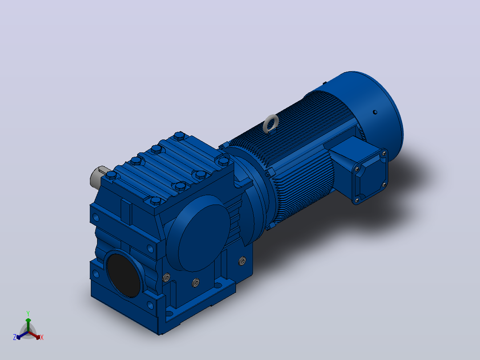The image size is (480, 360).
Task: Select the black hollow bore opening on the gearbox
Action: click(123, 275)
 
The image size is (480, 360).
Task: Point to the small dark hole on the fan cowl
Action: click(375, 112)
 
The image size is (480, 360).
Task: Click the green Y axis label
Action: click(28, 314)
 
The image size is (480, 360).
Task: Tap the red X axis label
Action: click(42, 337)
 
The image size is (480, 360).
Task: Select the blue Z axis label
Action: click(14, 337)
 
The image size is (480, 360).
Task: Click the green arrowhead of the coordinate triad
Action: click(28, 320)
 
